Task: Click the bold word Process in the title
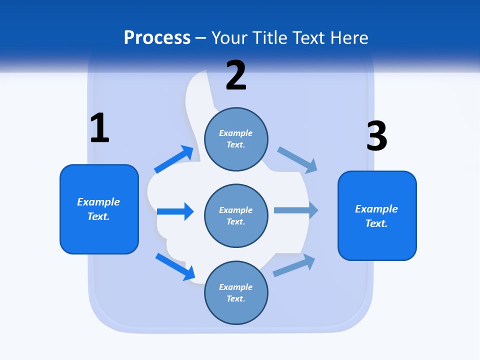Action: (157, 38)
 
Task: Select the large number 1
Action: (99, 128)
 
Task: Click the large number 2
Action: (236, 75)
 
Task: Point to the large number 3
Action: (376, 136)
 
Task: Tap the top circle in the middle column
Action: (236, 139)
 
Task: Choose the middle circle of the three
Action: (236, 215)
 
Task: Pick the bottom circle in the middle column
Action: (236, 292)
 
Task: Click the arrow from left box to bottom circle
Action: (175, 266)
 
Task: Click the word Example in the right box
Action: (376, 209)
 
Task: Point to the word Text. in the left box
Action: (98, 216)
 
